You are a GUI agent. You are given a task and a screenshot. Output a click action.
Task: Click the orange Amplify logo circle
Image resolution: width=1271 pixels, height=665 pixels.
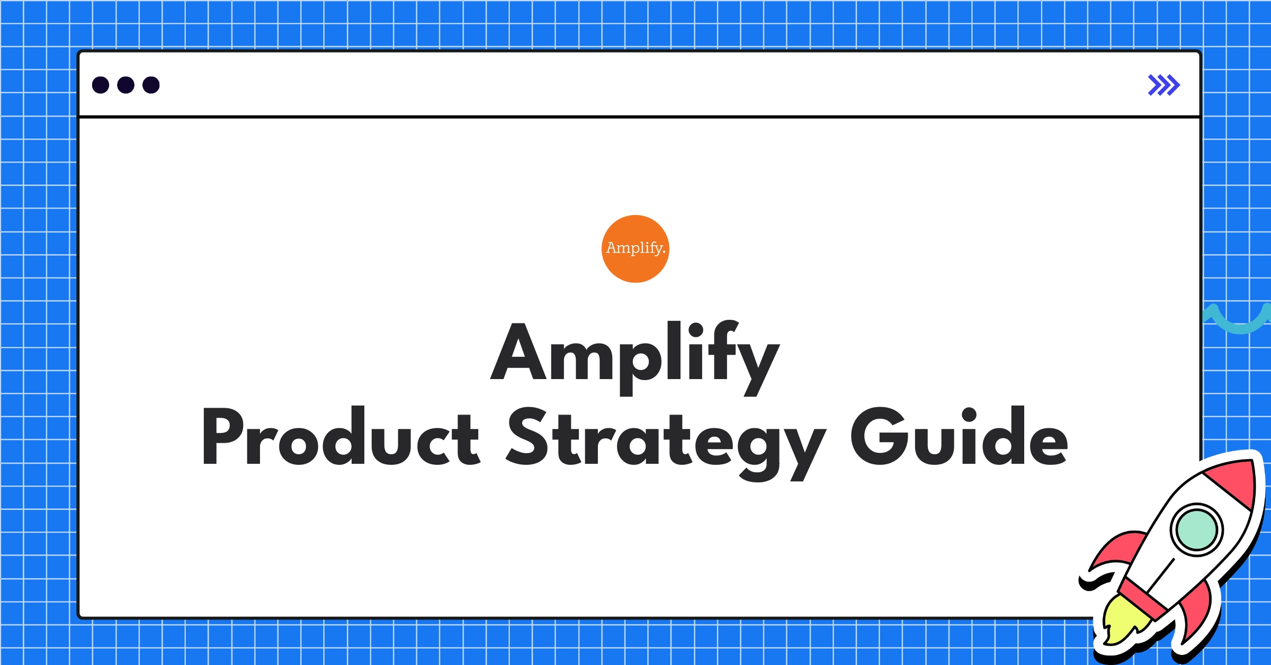click(635, 249)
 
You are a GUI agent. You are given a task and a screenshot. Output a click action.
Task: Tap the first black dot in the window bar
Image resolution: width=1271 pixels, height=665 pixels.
click(101, 85)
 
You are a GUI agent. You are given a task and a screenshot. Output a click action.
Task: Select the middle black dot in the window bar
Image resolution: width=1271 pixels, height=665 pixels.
click(126, 85)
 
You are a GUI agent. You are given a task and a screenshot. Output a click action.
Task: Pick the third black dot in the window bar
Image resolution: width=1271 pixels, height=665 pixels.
click(151, 85)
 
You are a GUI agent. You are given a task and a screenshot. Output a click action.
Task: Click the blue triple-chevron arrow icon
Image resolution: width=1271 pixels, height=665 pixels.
click(1163, 85)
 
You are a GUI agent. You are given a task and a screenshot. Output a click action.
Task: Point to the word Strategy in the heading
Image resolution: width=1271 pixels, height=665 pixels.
click(665, 439)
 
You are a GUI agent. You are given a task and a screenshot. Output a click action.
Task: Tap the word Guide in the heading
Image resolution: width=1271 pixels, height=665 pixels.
click(959, 437)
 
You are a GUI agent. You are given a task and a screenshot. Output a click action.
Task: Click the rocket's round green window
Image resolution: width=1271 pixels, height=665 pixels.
click(1196, 529)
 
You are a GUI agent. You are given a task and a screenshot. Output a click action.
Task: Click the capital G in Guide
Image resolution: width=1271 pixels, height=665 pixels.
click(876, 437)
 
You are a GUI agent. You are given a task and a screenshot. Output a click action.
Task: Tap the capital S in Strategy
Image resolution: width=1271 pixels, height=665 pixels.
click(527, 437)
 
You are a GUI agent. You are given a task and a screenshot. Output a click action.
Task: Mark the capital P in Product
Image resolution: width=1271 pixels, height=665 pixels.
click(222, 437)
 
